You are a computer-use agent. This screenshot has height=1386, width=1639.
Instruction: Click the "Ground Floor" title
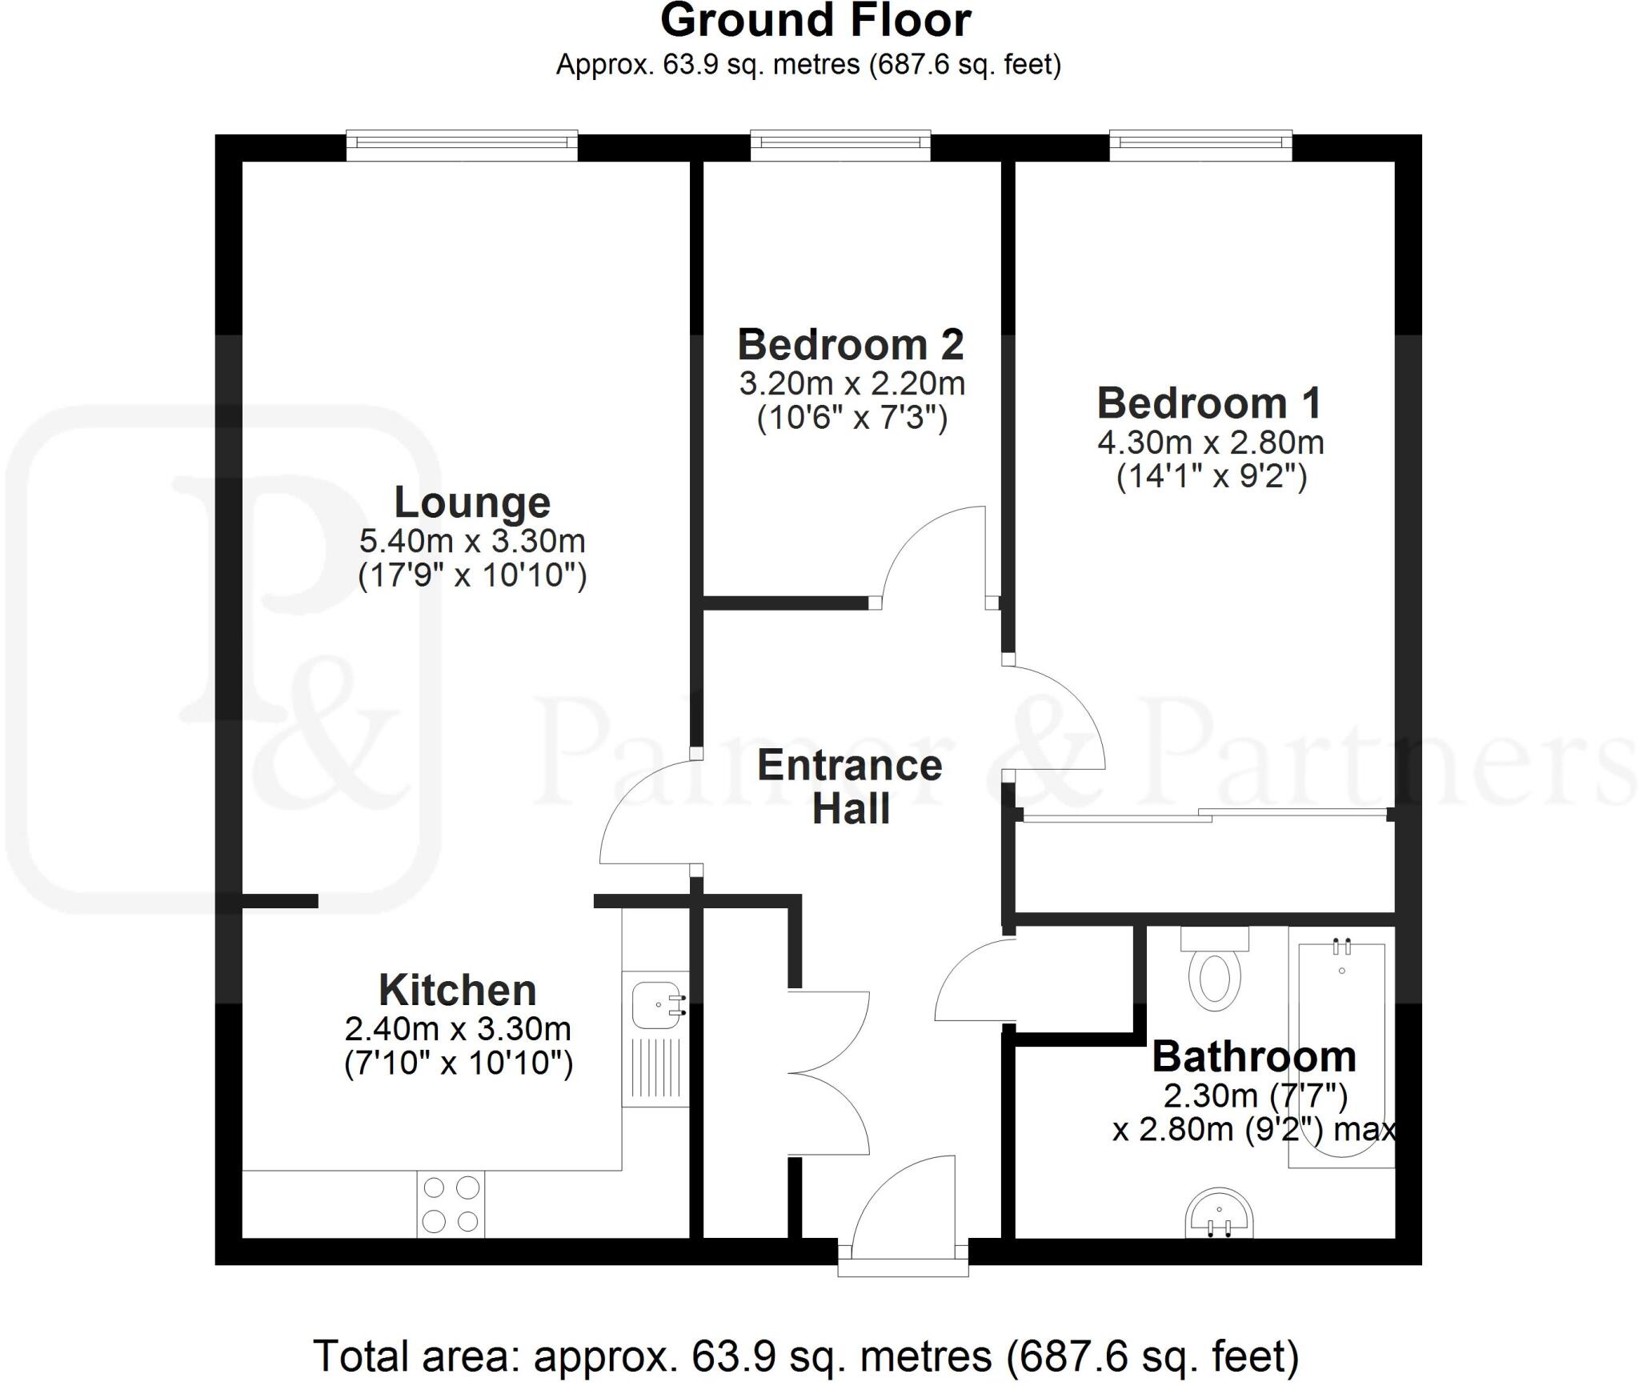point(815,21)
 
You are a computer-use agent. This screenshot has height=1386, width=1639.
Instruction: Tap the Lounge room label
point(472,503)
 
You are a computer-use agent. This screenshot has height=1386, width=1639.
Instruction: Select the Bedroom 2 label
point(851,345)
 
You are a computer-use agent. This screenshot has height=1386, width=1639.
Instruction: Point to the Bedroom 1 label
point(1209,403)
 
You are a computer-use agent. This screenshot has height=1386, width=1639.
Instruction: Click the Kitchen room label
point(457,991)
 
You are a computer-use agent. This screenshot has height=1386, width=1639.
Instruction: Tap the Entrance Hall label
point(850,787)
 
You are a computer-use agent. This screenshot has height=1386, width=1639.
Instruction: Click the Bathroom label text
point(1254,1057)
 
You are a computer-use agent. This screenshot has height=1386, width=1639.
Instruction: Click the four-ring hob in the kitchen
point(451,1204)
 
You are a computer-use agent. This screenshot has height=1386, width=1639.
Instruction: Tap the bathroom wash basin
point(1219,1213)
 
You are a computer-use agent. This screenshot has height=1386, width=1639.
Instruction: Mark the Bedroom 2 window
point(840,142)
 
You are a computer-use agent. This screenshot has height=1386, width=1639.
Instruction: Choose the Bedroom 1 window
point(1200,142)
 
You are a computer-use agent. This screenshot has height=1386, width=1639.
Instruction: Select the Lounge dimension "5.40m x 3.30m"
point(472,542)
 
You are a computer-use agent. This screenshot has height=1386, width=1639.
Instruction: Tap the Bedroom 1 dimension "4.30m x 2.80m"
point(1210,443)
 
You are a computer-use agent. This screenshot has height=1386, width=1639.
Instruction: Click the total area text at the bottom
point(805,1356)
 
